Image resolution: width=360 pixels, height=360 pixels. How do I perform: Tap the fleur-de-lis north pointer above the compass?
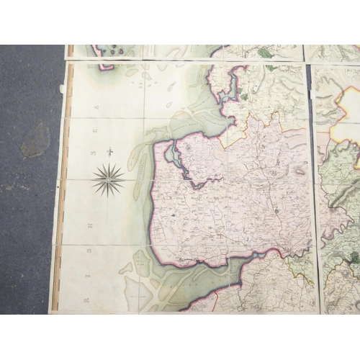pyautogui.click(x=109, y=152)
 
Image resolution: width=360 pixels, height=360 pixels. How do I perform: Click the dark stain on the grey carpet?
pyautogui.click(x=34, y=139)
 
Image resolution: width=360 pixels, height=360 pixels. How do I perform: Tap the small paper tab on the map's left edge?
pyautogui.click(x=62, y=89)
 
